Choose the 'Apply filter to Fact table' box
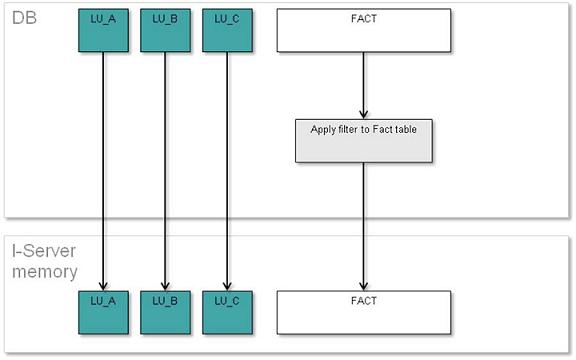(364, 141)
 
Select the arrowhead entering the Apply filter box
(363, 114)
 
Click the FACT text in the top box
(363, 18)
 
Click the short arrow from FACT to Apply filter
(363, 85)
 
